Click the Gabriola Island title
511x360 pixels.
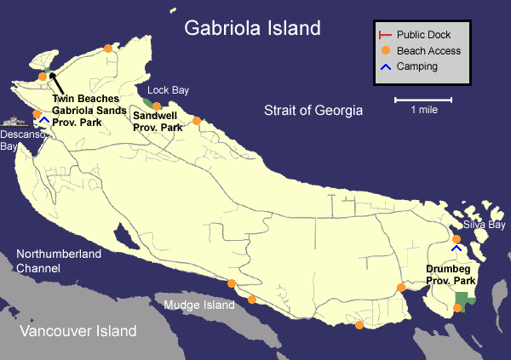click(253, 28)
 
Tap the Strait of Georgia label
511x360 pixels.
click(313, 111)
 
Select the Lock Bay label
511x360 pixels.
click(168, 89)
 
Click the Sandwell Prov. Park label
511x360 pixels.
click(158, 122)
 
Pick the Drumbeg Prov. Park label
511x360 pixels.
click(451, 274)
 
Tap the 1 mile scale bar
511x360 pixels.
click(423, 101)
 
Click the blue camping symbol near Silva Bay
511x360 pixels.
click(457, 248)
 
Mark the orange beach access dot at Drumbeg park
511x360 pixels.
click(457, 307)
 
